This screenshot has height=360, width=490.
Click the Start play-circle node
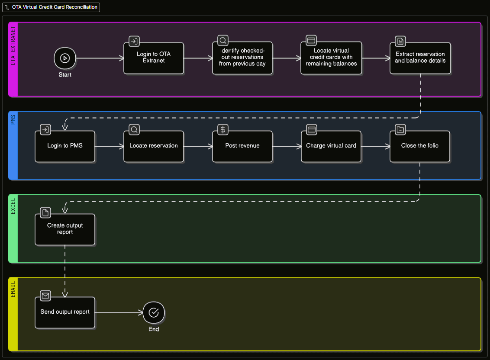click(x=64, y=58)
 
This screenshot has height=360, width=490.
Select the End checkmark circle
click(x=153, y=312)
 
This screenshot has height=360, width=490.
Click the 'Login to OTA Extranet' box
click(x=153, y=58)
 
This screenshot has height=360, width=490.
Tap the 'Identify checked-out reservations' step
click(x=242, y=58)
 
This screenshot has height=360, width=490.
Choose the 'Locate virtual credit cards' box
click(x=331, y=58)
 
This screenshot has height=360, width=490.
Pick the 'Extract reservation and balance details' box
click(x=420, y=58)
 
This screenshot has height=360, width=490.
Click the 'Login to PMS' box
click(x=64, y=146)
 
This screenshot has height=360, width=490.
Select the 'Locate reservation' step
click(x=153, y=146)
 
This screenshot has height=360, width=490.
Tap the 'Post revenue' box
click(x=242, y=146)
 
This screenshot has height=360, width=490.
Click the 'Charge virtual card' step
click(x=331, y=146)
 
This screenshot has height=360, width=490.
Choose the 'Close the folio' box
click(x=420, y=146)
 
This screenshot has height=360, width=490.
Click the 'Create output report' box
click(x=64, y=229)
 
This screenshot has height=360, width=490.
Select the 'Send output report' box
click(x=64, y=312)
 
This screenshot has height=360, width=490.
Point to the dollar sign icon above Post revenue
click(x=223, y=130)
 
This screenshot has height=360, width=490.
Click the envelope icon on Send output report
click(x=45, y=296)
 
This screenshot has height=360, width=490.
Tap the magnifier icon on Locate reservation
click(x=134, y=130)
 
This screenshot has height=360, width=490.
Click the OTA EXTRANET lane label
click(x=13, y=45)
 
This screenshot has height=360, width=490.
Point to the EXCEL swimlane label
click(x=13, y=206)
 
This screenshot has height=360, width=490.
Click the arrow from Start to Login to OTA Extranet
click(x=100, y=58)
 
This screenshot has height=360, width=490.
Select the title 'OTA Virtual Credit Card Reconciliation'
click(x=55, y=7)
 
